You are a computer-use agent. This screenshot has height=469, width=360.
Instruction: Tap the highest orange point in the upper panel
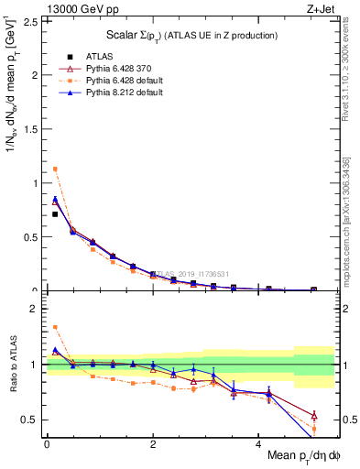click(55, 169)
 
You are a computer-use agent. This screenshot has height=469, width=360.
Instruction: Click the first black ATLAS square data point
click(55, 214)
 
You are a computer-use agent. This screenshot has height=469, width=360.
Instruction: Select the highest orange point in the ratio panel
click(55, 326)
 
